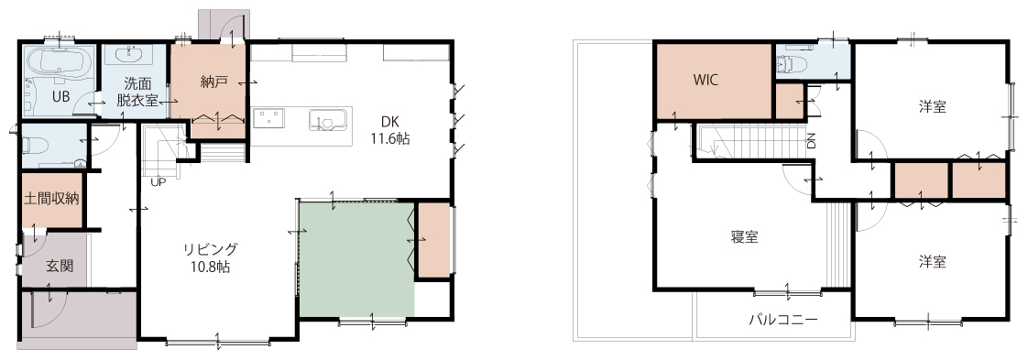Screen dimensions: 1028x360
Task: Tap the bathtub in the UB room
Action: [x=60, y=64]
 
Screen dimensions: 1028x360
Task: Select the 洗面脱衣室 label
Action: [x=137, y=92]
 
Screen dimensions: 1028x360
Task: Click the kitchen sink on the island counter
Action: [x=326, y=120]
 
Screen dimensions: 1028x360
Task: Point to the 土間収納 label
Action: [x=52, y=199]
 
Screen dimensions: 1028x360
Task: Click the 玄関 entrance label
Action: [x=59, y=267]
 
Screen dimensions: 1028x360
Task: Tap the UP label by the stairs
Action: [x=158, y=182]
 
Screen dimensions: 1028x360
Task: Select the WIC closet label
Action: [x=706, y=80]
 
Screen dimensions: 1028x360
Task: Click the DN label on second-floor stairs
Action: [x=812, y=140]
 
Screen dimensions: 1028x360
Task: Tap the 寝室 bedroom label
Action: [x=745, y=237]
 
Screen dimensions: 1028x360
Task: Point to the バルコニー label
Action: [x=783, y=320]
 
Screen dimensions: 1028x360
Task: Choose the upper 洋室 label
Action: [x=933, y=106]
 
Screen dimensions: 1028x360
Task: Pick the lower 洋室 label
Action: [x=933, y=262]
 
